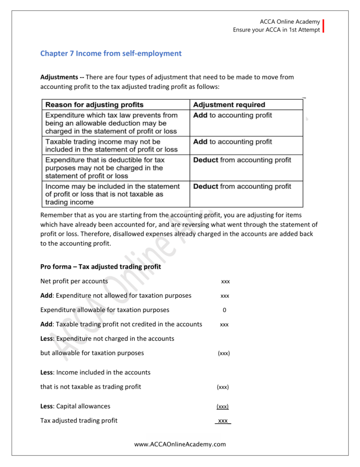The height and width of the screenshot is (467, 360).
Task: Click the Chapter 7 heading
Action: pyautogui.click(x=111, y=54)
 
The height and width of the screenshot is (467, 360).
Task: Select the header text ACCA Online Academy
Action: pyautogui.click(x=290, y=22)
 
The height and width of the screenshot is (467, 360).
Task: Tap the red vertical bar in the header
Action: pyautogui.click(x=324, y=26)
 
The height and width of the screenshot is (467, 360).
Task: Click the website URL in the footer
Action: pyautogui.click(x=180, y=444)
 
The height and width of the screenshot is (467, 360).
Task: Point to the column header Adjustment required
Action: pyautogui.click(x=229, y=105)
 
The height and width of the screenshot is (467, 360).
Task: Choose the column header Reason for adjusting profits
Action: pyautogui.click(x=94, y=105)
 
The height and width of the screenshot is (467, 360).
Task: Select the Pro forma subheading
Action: pyautogui.click(x=100, y=267)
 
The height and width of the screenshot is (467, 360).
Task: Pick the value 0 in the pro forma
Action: pyautogui.click(x=224, y=310)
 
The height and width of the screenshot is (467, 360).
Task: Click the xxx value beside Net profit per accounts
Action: pyautogui.click(x=225, y=281)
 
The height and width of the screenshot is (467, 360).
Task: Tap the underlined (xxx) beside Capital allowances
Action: pyautogui.click(x=222, y=406)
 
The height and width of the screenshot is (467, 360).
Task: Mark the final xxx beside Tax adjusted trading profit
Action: pyautogui.click(x=223, y=421)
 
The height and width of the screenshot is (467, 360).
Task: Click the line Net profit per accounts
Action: pyautogui.click(x=74, y=281)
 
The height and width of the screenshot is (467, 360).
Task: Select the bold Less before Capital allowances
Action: pyautogui.click(x=46, y=406)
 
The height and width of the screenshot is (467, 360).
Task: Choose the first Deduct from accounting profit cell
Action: pyautogui.click(x=242, y=160)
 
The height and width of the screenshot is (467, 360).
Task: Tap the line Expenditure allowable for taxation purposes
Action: pyautogui.click(x=104, y=310)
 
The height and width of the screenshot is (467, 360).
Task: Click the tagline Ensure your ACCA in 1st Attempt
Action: pyautogui.click(x=277, y=30)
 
